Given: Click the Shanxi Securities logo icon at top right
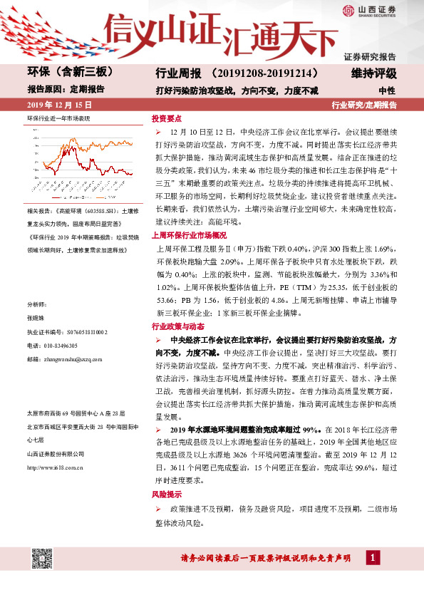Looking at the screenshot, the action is (348, 10).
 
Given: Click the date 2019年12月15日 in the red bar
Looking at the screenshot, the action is (55, 105).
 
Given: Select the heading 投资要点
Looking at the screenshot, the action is (167, 120).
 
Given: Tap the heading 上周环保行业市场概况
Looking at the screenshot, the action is (189, 235).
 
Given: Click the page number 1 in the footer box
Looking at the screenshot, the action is (371, 557).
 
